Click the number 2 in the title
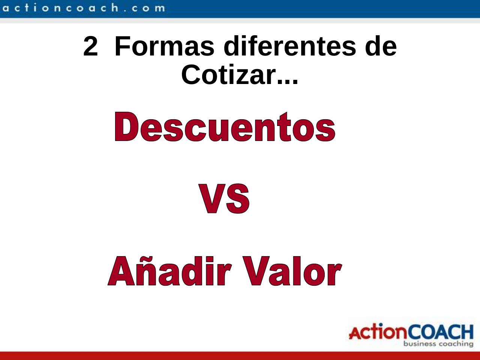[x=90, y=47]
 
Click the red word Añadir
[x=169, y=271]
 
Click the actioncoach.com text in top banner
[x=82, y=7]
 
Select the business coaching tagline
[x=438, y=343]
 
